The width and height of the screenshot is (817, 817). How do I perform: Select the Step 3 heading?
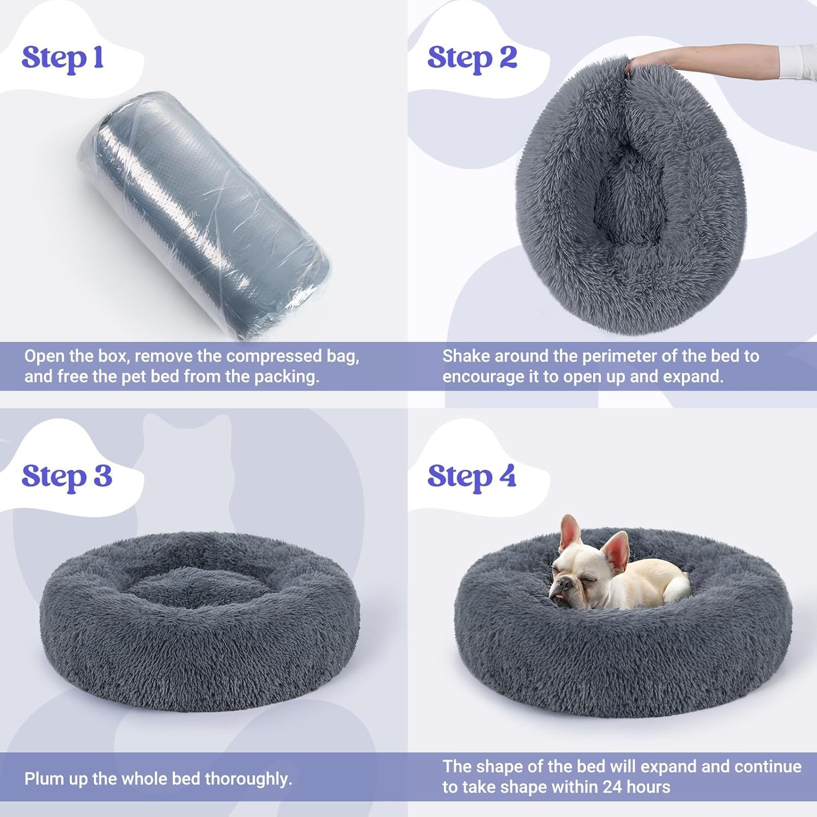[x=67, y=476]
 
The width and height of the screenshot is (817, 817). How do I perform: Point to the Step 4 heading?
[x=472, y=476]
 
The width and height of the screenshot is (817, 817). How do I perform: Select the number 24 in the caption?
[x=612, y=787]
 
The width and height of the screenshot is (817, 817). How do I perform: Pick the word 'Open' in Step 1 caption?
[x=44, y=357]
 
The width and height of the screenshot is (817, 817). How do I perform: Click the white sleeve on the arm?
[x=798, y=62]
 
